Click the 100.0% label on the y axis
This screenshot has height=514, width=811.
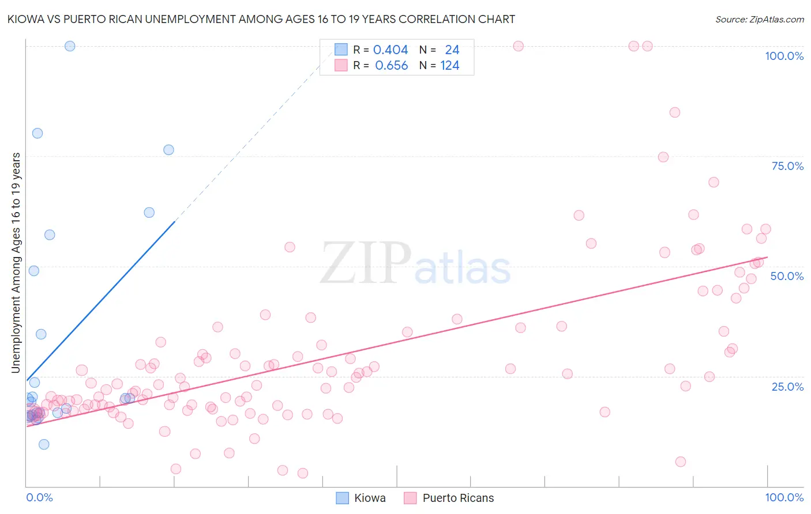pos(784,56)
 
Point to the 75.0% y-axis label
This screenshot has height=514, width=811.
pos(787,166)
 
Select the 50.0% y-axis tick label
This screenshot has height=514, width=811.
pos(787,276)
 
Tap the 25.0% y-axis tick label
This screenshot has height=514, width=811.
pos(787,387)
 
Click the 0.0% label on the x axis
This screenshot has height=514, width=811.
pos(39,497)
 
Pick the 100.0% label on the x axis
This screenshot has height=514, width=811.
pos(784,497)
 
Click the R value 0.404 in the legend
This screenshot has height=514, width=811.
pos(391,50)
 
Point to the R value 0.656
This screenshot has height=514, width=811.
pos(391,66)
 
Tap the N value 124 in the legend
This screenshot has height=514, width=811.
pos(450,66)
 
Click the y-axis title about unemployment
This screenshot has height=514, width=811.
pos(16,263)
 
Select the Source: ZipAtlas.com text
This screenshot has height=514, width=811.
pos(759,19)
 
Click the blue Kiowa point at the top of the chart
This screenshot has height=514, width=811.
pos(70,46)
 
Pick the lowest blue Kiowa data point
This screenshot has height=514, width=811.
pos(44,444)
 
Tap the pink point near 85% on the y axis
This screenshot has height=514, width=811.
pos(675,112)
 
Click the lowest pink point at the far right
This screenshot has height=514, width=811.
pos(681,462)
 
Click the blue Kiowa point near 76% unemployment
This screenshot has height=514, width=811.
pos(168,150)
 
